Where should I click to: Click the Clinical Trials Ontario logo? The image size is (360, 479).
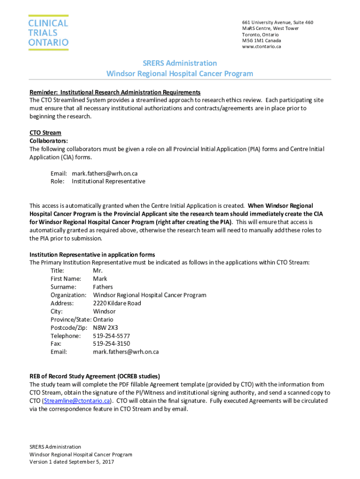[48, 33]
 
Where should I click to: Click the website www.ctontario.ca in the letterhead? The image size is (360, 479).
[261, 46]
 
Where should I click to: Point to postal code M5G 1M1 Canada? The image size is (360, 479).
[261, 40]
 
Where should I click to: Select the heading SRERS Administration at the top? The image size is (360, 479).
[180, 63]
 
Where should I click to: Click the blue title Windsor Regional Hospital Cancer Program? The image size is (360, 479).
[180, 73]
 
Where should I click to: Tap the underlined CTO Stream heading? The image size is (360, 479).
[45, 133]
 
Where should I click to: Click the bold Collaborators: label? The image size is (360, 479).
[49, 141]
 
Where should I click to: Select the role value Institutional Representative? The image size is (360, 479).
[108, 181]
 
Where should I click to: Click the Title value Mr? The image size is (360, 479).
[97, 271]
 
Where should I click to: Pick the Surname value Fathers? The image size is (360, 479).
[103, 287]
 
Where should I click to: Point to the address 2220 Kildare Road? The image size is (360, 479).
[117, 303]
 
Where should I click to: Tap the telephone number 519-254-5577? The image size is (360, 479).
[111, 336]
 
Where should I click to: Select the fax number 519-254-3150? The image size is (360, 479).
[111, 344]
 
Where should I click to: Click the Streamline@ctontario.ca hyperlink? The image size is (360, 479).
[77, 401]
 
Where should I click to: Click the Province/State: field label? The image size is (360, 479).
[71, 319]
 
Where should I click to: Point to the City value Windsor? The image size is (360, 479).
[104, 311]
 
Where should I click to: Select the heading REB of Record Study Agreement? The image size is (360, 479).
[95, 376]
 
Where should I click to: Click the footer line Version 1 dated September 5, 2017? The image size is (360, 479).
[72, 462]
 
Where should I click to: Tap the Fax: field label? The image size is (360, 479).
[57, 344]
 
